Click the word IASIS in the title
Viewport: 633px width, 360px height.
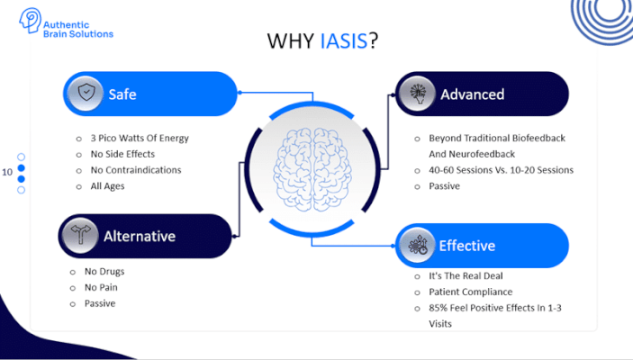click(x=343, y=41)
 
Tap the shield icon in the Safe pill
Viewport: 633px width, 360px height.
click(x=85, y=94)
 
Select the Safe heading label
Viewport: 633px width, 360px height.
click(x=123, y=94)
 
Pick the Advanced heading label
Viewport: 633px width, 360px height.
click(x=472, y=94)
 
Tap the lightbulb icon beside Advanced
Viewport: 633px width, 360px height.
click(x=417, y=94)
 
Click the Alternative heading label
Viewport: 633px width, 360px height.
click(x=139, y=237)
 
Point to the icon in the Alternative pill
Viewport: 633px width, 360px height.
click(x=80, y=236)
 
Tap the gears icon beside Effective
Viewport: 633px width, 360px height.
click(x=417, y=246)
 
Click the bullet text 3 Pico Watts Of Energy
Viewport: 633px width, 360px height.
click(x=139, y=138)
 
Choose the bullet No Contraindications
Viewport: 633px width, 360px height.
click(x=135, y=169)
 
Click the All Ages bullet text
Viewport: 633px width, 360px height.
click(x=107, y=186)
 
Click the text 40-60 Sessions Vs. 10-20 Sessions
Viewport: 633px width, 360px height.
click(x=500, y=169)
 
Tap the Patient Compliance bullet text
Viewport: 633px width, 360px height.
click(x=470, y=292)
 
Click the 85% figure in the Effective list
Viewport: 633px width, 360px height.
click(x=439, y=308)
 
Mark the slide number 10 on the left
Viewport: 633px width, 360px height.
click(x=7, y=171)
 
